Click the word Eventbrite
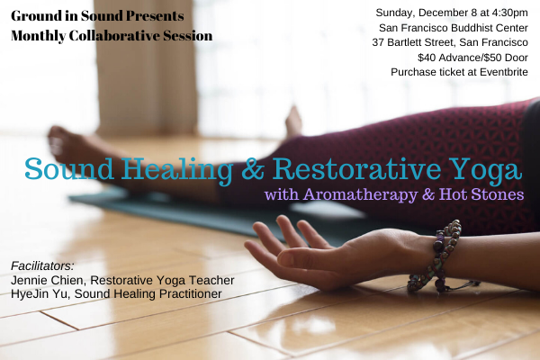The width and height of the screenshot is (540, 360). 503,72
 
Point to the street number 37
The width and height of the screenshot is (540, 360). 378,42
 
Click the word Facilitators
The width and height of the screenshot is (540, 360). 42,266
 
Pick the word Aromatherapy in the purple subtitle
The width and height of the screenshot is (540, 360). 360,194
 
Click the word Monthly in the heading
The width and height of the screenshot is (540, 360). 38,36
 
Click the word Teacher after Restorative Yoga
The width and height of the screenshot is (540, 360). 211,280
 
